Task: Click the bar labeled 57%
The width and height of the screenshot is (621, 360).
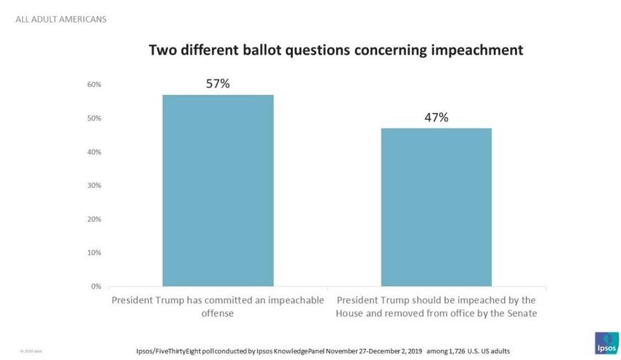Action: point(218,190)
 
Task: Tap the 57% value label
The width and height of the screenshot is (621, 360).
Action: point(218,84)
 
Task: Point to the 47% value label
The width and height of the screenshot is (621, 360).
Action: point(436,118)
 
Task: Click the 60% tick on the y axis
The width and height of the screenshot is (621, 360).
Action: point(95,85)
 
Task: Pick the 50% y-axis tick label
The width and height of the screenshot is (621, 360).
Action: point(95,118)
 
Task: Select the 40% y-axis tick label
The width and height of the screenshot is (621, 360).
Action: point(95,152)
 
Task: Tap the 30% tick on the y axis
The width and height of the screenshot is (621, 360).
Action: point(95,185)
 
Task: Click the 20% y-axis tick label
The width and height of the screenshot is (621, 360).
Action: point(95,219)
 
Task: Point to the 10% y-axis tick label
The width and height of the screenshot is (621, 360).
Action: point(95,253)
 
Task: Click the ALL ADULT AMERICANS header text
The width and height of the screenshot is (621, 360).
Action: point(61,19)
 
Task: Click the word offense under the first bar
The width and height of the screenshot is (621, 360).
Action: point(218,314)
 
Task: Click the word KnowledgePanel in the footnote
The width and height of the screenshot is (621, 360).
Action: point(300,351)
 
